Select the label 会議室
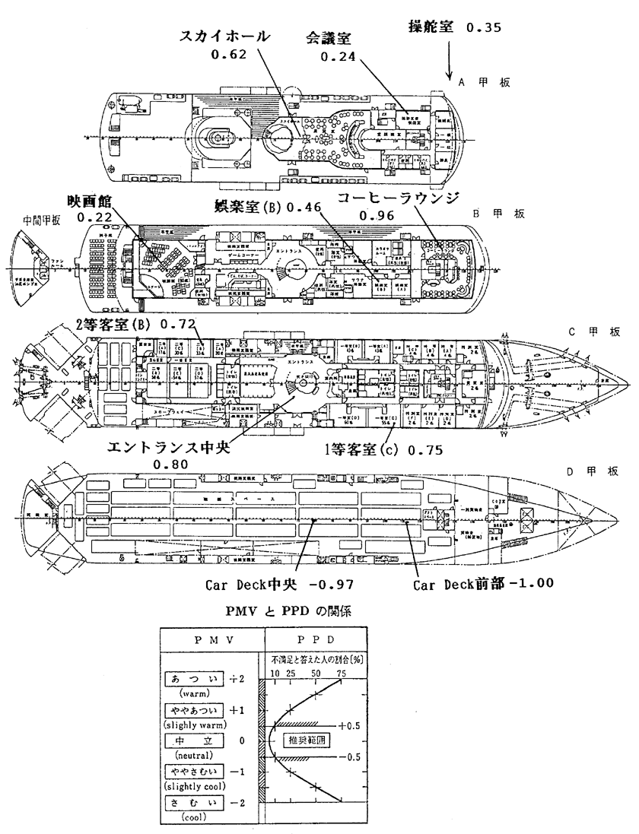[x=332, y=39]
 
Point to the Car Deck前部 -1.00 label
[x=482, y=585]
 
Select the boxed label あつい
[x=193, y=678]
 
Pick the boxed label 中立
[x=193, y=738]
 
